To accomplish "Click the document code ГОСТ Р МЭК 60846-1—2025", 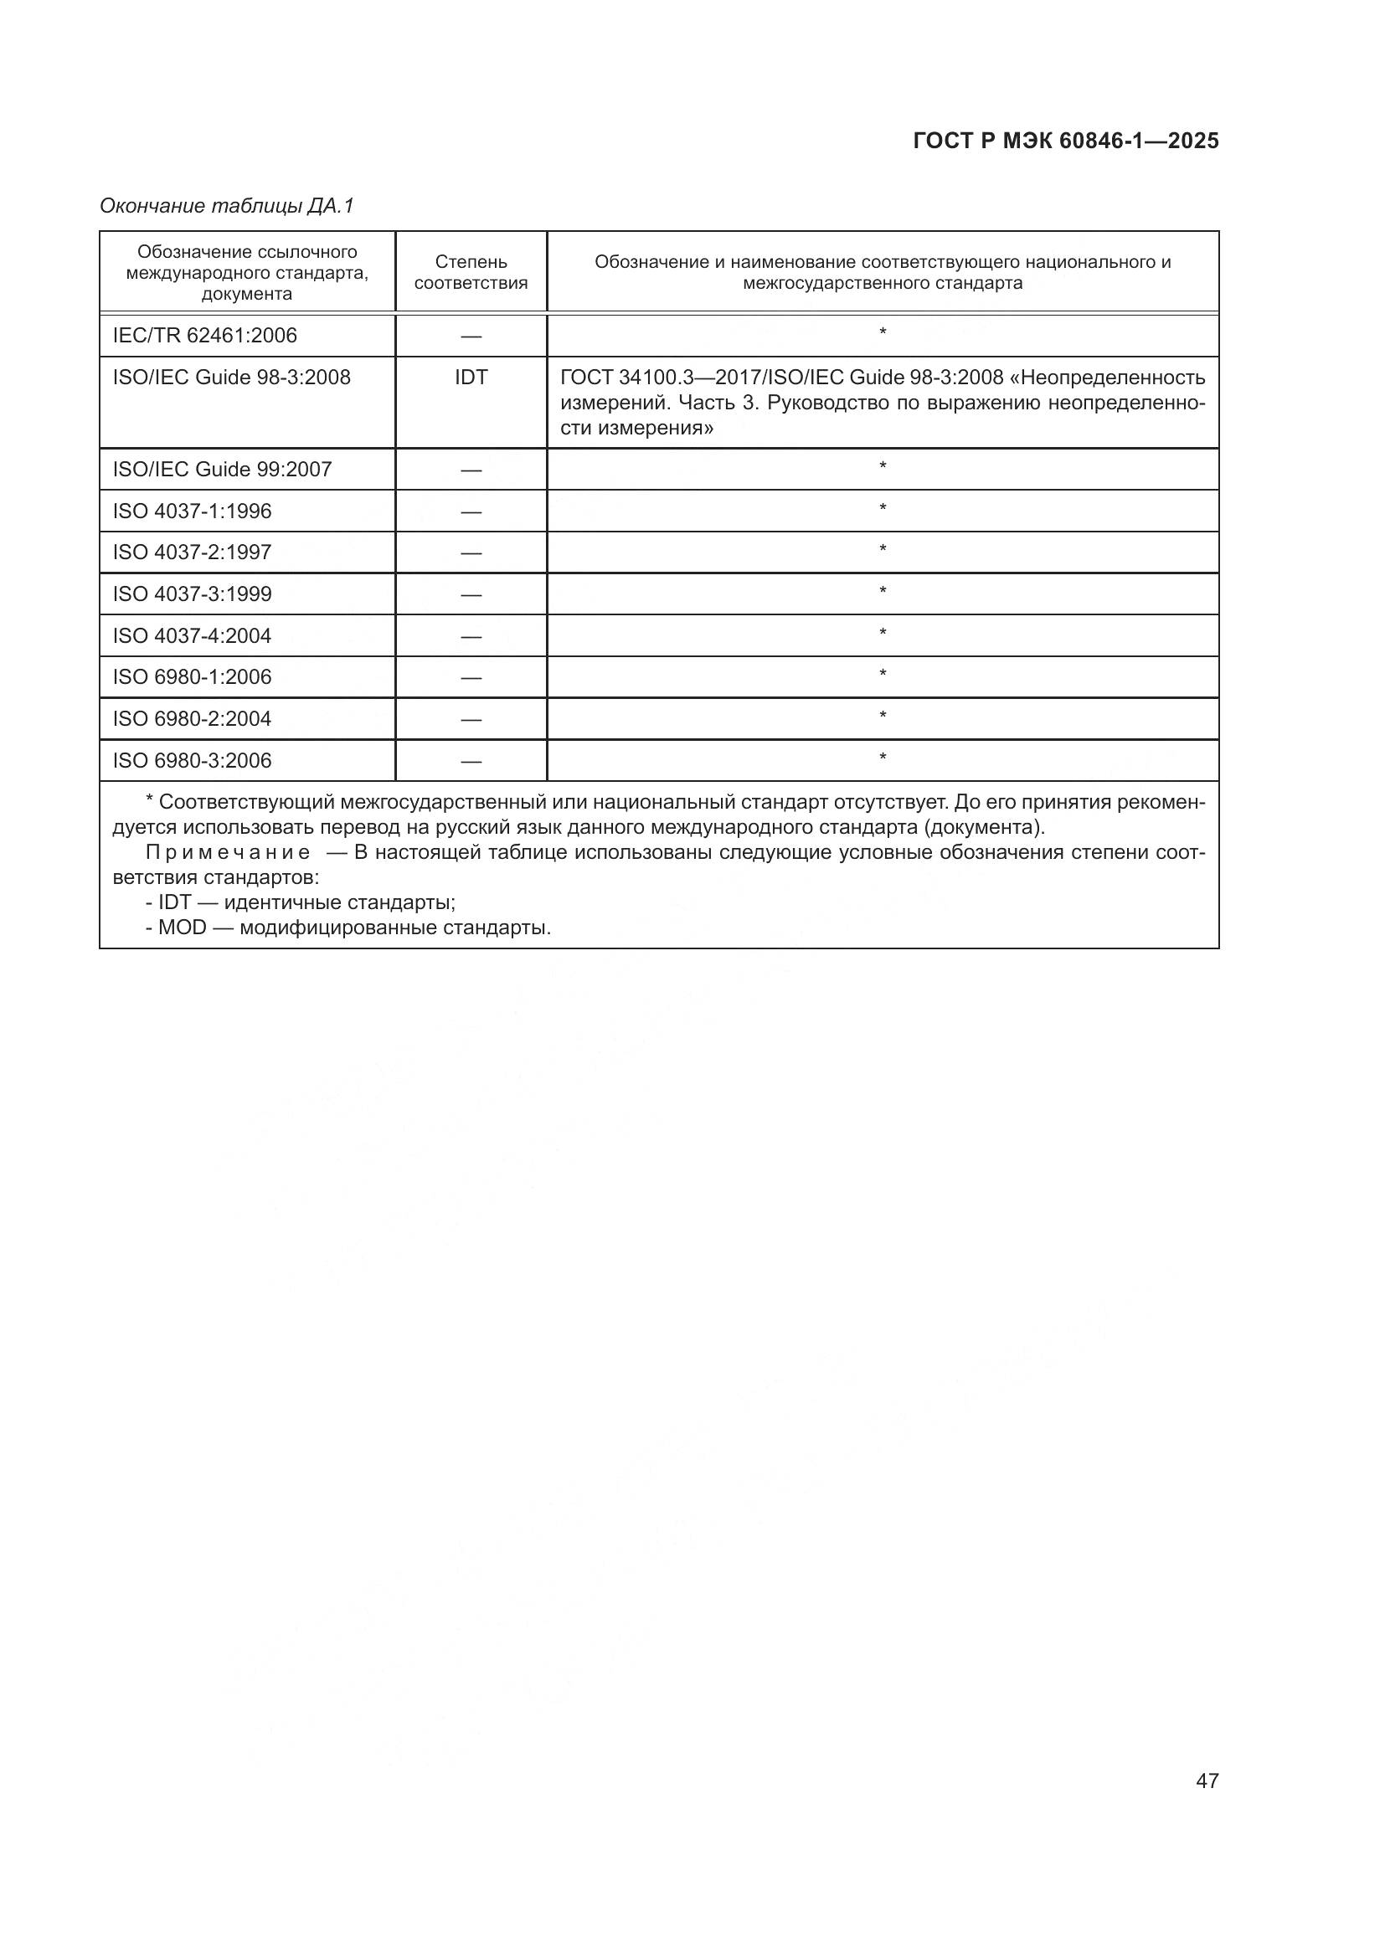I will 1065,141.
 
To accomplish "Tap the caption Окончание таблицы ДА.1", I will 226,206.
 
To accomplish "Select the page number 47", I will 1207,1781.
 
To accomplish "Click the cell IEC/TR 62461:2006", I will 204,335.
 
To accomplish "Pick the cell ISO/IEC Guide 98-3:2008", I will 231,377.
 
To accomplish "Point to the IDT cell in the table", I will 471,377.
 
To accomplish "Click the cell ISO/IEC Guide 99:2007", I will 222,469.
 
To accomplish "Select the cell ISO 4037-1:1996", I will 192,511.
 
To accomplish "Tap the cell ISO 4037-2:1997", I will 192,552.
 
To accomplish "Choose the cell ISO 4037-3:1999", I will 192,594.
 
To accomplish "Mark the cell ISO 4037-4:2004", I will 192,635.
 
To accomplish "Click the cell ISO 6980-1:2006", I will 192,676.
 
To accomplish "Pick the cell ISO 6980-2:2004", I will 192,718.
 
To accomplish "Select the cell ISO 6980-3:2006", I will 192,760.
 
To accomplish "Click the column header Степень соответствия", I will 471,272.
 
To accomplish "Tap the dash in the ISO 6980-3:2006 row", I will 471,761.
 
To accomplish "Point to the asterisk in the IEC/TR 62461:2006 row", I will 883,332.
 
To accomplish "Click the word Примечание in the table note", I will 228,853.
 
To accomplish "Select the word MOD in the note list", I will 183,927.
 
